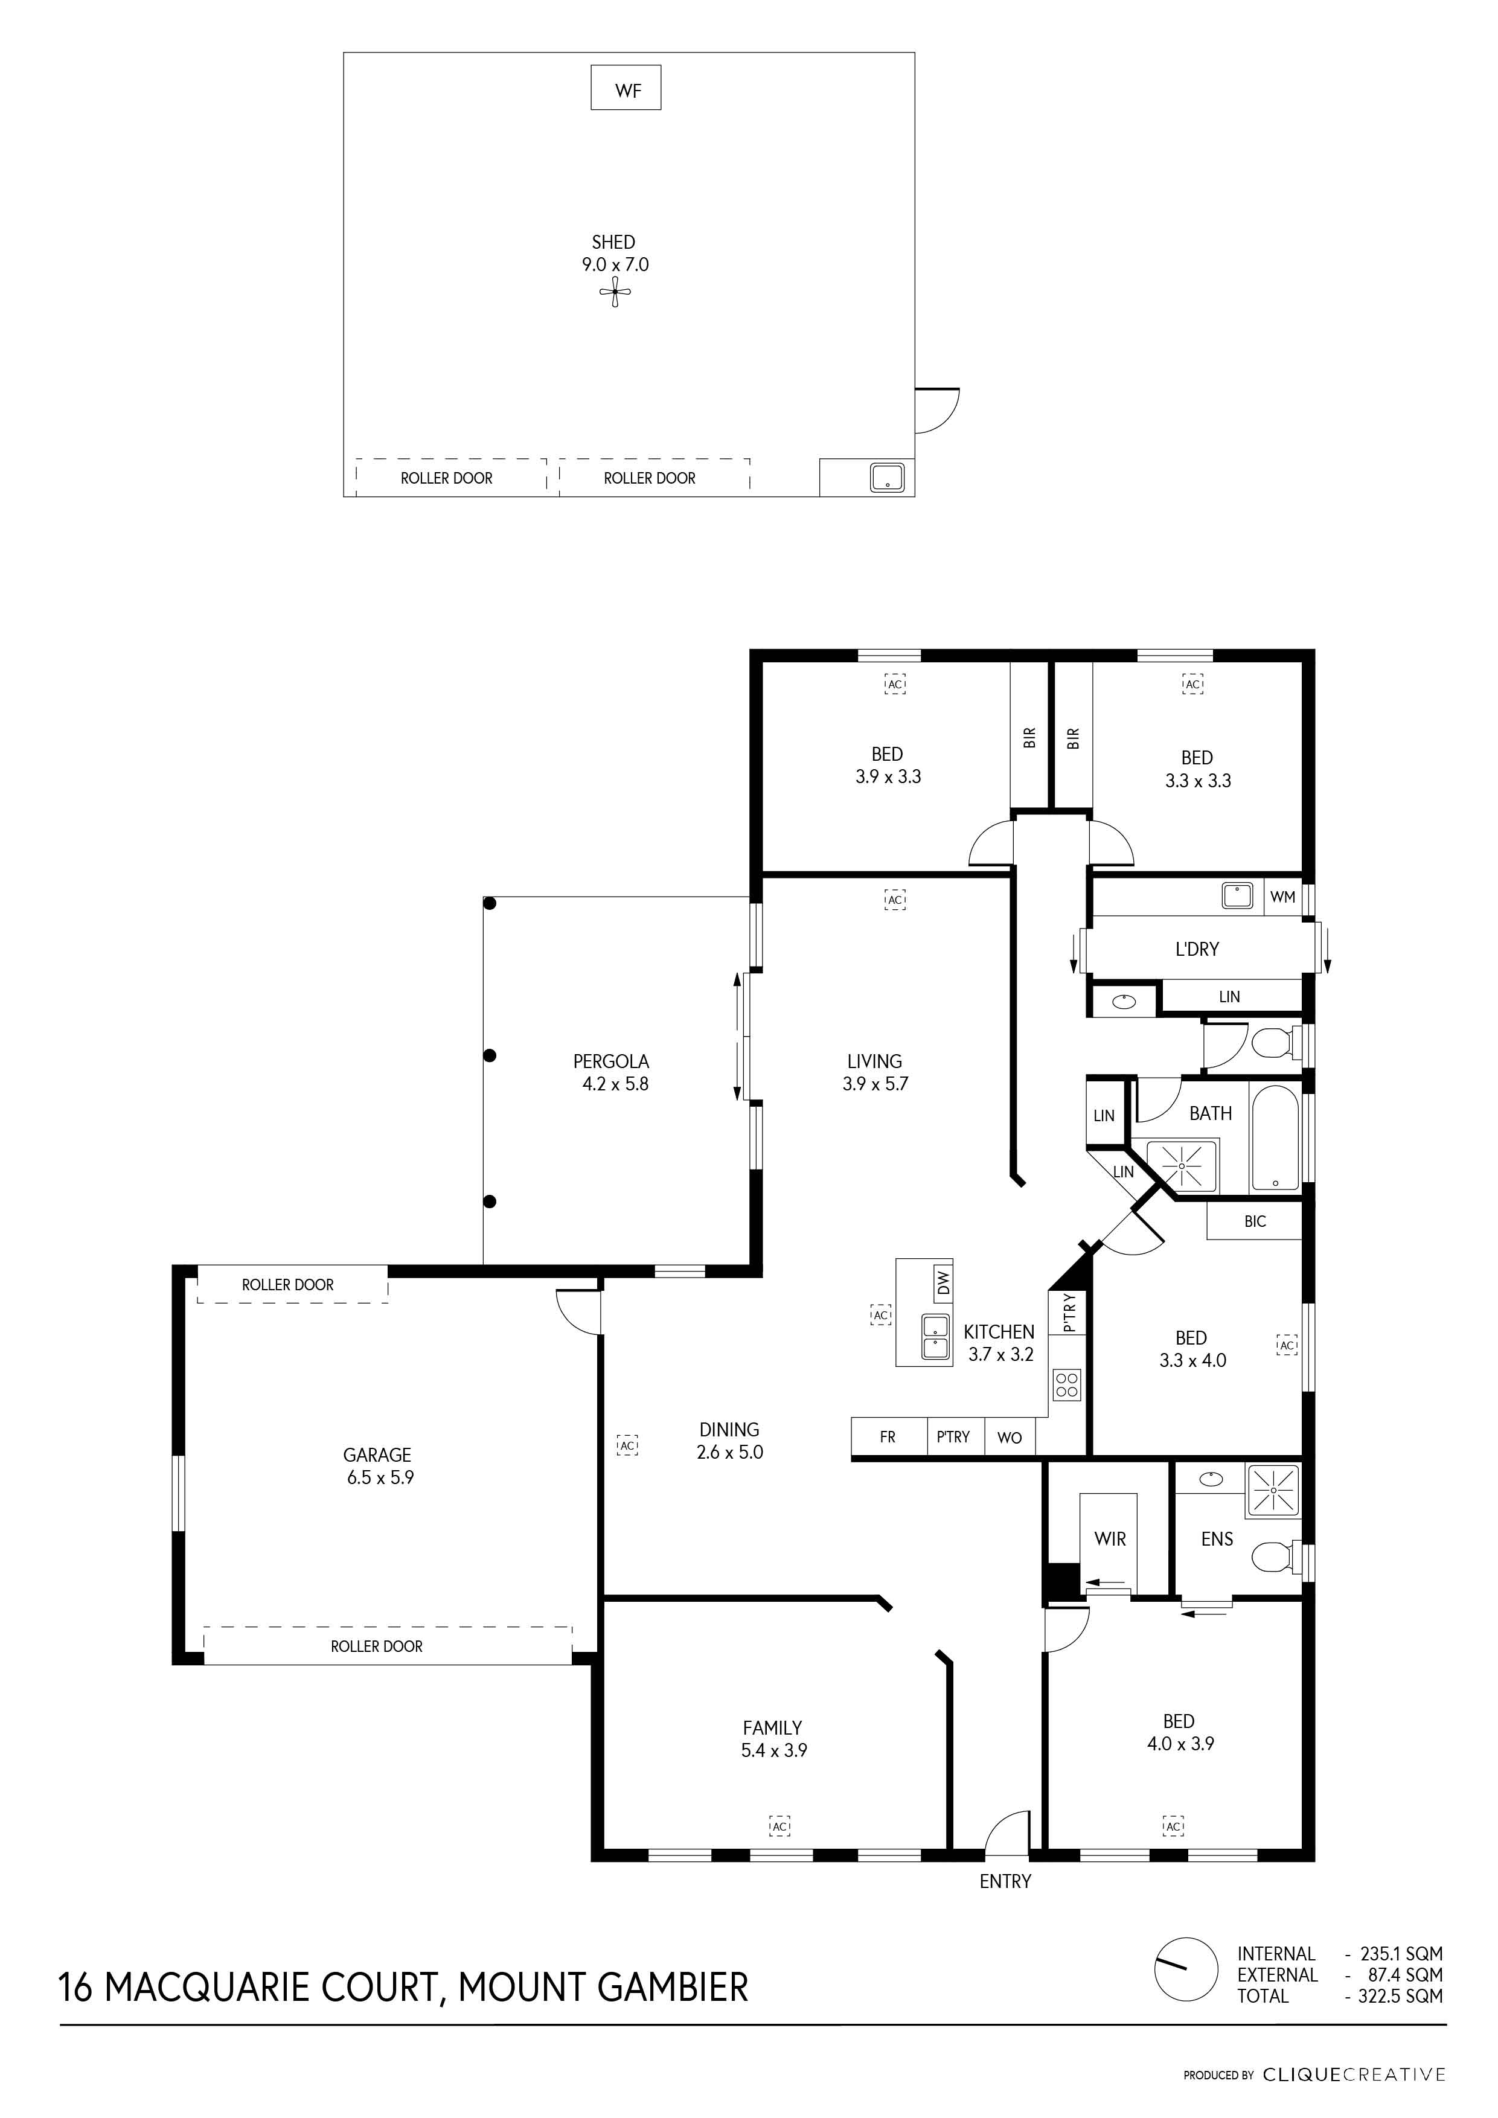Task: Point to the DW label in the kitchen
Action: (943, 1281)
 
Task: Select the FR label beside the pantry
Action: (888, 1437)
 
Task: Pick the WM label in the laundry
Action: (1282, 897)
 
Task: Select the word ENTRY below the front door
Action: (1005, 1882)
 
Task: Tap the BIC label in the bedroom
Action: (1255, 1221)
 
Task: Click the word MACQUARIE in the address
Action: (269, 1988)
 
